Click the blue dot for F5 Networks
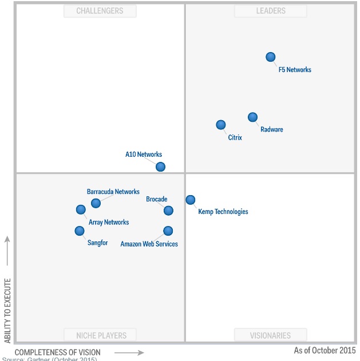[271, 57]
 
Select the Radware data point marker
[252, 117]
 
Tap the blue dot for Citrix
[220, 125]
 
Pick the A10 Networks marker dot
[160, 166]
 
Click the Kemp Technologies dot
[190, 200]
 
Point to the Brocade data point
[168, 211]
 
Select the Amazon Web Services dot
[168, 231]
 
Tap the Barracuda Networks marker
[96, 203]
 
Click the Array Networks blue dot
[81, 209]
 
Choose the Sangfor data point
[79, 231]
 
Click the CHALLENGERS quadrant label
[100, 11]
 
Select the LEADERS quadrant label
[270, 11]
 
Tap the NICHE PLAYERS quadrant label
[101, 335]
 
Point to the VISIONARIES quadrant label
[270, 335]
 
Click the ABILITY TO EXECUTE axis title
[7, 310]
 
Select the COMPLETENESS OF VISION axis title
[57, 352]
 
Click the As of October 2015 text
[324, 350]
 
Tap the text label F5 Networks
[295, 70]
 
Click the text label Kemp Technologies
[223, 212]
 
